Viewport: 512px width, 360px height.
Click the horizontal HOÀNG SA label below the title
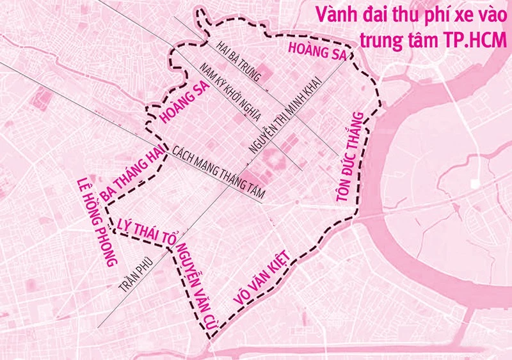tap(316, 52)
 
